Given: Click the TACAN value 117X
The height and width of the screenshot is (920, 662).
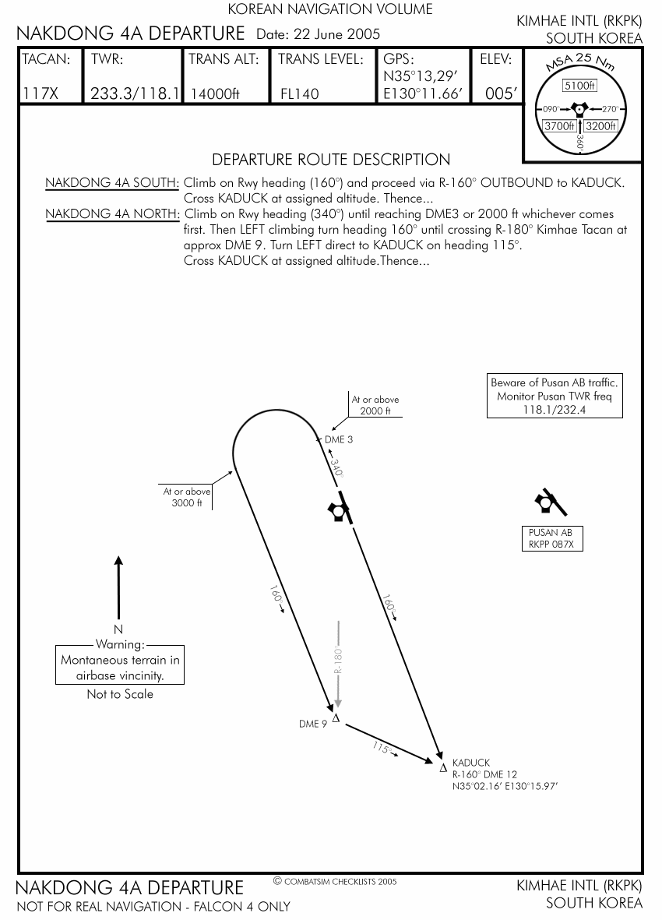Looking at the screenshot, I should (x=41, y=93).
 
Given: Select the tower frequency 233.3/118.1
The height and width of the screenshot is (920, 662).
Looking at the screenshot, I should (x=135, y=93).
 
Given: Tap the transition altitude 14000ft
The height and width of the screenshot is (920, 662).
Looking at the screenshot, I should (x=218, y=94).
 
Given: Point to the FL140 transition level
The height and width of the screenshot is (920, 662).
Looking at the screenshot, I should (x=300, y=94).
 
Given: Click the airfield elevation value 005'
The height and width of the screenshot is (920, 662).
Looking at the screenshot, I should (x=500, y=93).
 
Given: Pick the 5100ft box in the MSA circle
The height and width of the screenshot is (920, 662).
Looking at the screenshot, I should (x=579, y=86).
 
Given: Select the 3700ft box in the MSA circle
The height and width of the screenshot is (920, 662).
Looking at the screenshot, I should (x=559, y=125).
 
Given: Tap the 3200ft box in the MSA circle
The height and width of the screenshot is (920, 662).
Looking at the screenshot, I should (x=600, y=125).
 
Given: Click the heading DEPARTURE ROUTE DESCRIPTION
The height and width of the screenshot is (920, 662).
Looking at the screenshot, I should (x=331, y=160).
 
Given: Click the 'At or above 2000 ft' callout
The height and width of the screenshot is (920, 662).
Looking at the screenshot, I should (x=375, y=405).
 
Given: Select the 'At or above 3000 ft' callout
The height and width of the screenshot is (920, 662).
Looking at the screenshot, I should (x=187, y=497).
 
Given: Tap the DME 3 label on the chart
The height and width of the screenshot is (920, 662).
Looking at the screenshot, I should (x=339, y=440).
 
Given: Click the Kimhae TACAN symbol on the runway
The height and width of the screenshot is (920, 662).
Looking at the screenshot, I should (x=337, y=511).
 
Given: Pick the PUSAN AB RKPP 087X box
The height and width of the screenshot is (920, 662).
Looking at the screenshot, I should (x=551, y=538).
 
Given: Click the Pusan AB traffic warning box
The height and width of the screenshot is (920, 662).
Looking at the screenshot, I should (x=555, y=396).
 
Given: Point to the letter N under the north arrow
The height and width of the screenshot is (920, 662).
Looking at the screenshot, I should (x=118, y=629).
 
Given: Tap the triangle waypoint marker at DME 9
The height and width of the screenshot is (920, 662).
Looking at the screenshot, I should (x=336, y=718).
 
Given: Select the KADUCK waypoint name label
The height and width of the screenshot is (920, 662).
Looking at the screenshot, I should (x=471, y=763).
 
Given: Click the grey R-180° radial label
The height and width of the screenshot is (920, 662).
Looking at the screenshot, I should (x=339, y=658).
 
